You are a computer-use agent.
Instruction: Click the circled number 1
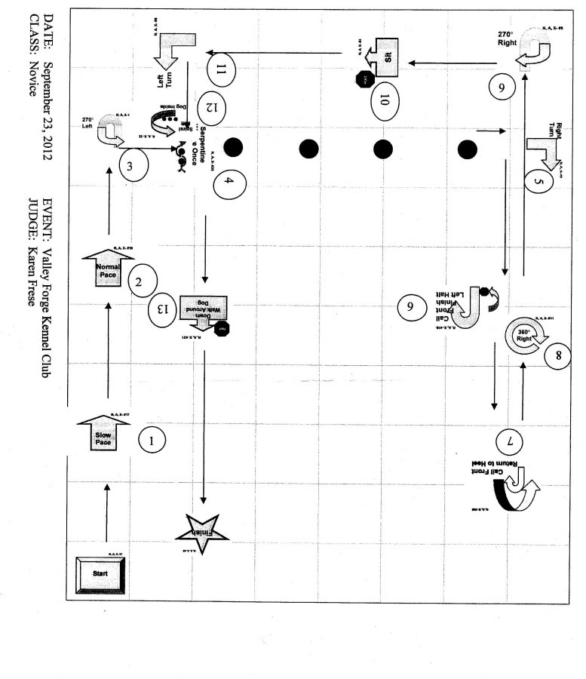(153, 441)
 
